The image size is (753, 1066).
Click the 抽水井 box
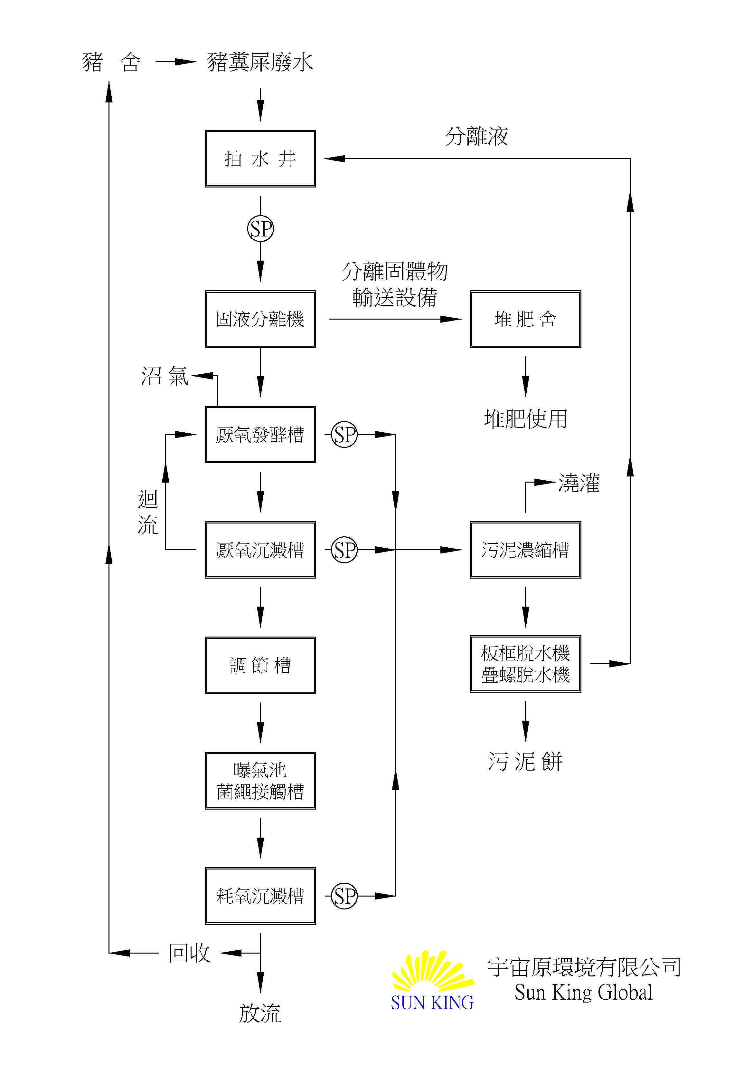point(260,159)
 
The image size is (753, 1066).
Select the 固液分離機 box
point(260,319)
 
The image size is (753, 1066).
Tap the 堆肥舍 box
point(525,319)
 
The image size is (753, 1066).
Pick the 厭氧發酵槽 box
point(260,435)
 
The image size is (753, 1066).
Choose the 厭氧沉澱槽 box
point(260,550)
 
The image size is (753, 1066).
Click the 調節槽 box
point(260,665)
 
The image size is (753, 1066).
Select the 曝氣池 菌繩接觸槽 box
point(260,781)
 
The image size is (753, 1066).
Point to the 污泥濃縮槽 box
point(525,550)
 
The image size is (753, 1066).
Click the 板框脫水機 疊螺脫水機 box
point(525,664)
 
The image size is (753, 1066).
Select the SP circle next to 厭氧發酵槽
point(344,435)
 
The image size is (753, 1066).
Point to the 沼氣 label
point(165,376)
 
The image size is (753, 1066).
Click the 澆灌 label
point(579,483)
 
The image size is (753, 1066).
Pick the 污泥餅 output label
point(525,762)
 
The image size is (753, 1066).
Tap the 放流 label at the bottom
point(260,1013)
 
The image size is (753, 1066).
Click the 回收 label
point(189,953)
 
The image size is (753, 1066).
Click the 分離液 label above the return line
point(476,136)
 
